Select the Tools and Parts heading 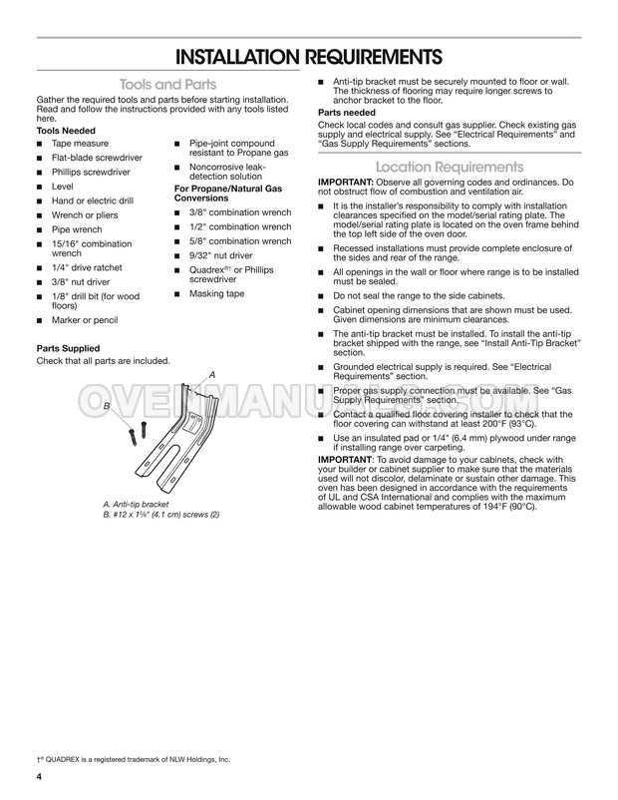pyautogui.click(x=167, y=85)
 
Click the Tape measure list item pyautogui.click(x=81, y=145)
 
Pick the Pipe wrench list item pyautogui.click(x=79, y=228)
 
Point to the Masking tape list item pyautogui.click(x=216, y=294)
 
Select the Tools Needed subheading pyautogui.click(x=67, y=131)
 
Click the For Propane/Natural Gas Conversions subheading pyautogui.click(x=228, y=194)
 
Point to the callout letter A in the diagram pyautogui.click(x=211, y=372)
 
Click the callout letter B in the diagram pyautogui.click(x=107, y=406)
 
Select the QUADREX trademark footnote pyautogui.click(x=132, y=759)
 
